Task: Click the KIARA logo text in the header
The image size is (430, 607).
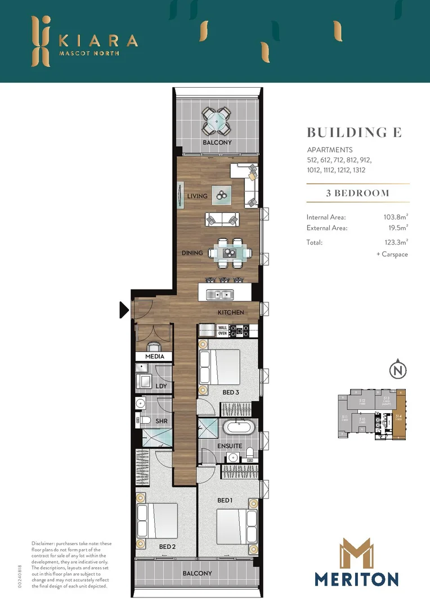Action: click(x=99, y=41)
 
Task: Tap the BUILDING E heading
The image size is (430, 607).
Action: click(x=354, y=133)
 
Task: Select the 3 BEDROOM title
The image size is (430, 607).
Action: click(x=357, y=193)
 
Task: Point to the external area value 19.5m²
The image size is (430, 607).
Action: click(x=397, y=228)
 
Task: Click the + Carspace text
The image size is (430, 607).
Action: click(x=392, y=254)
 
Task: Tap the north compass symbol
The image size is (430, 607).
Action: click(x=398, y=370)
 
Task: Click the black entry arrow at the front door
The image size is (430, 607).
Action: click(x=124, y=310)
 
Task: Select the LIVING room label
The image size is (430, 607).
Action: click(x=197, y=196)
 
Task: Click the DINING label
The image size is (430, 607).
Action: click(x=192, y=253)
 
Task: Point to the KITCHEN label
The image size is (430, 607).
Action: click(x=231, y=312)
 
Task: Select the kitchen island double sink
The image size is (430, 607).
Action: click(x=220, y=294)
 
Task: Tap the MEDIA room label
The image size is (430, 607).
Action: click(x=155, y=356)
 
